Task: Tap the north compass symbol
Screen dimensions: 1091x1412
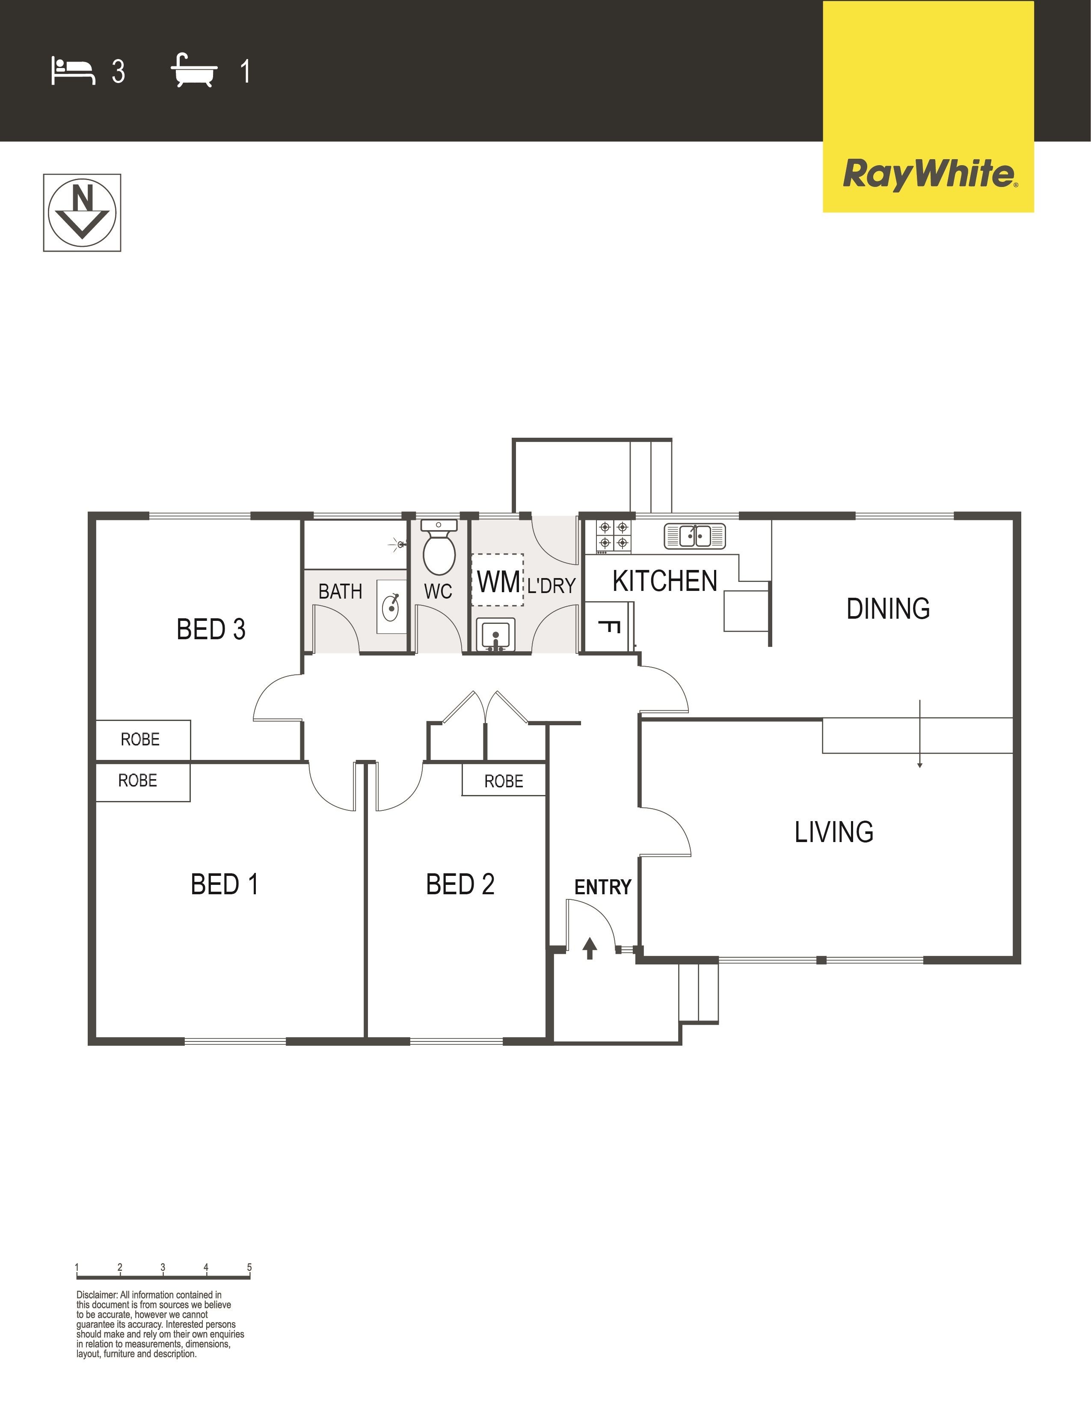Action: pyautogui.click(x=82, y=213)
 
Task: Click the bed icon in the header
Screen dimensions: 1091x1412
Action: pyautogui.click(x=73, y=71)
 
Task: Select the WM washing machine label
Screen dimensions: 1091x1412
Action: pyautogui.click(x=498, y=582)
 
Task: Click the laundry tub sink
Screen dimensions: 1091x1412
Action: pyautogui.click(x=496, y=634)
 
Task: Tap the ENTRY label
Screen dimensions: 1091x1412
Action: pyautogui.click(x=602, y=887)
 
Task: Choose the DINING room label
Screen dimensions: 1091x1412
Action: pyautogui.click(x=888, y=608)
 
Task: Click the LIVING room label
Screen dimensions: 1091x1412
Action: pyautogui.click(x=834, y=832)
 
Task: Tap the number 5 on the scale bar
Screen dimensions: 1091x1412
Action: pyautogui.click(x=249, y=1267)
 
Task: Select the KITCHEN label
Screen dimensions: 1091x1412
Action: pyautogui.click(x=665, y=581)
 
